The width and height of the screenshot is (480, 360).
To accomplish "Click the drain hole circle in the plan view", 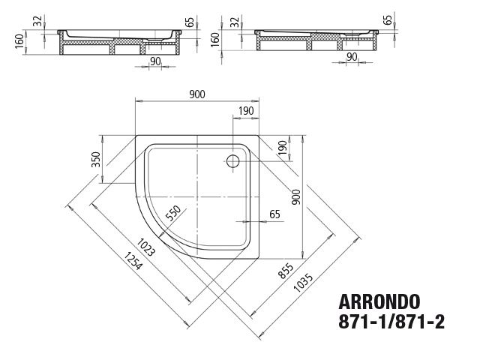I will point(232,160).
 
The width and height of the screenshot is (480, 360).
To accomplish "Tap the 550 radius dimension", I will point(173,215).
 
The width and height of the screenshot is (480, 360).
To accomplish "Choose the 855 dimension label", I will point(286,272).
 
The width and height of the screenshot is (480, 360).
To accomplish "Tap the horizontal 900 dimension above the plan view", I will point(196,94).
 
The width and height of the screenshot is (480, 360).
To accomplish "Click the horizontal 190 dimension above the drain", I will point(246,112).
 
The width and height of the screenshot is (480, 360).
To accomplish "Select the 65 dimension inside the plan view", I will point(274,214).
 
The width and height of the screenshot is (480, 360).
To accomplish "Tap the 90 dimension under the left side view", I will point(154,61).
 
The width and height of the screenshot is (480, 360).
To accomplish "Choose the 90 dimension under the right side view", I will point(350,57).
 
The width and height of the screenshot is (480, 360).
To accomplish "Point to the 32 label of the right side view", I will point(235,21).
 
